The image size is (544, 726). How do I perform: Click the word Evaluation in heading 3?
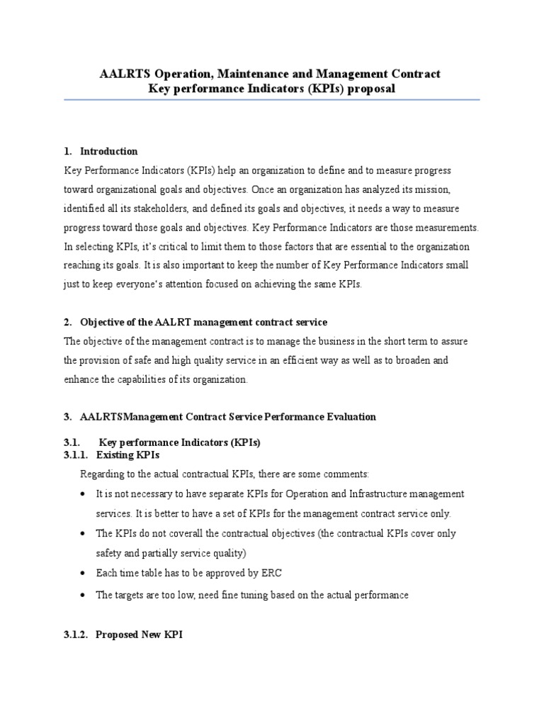(x=351, y=417)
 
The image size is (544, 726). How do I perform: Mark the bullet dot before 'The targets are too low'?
(x=84, y=596)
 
